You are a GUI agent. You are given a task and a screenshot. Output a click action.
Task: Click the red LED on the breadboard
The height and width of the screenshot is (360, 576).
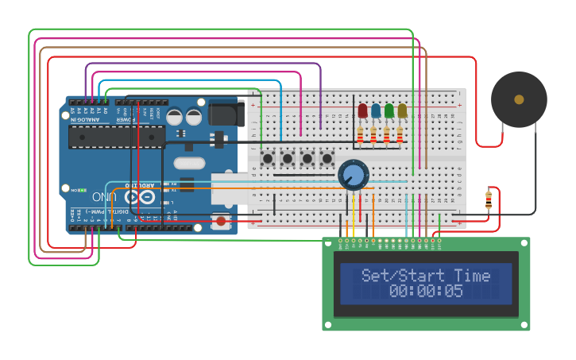pos(362,111)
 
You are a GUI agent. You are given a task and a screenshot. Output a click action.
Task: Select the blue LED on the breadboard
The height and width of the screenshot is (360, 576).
pos(376,111)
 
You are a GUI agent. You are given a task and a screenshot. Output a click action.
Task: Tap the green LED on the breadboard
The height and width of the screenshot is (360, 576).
pos(389,111)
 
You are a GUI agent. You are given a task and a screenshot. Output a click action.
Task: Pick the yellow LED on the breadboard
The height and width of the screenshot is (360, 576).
pos(402,111)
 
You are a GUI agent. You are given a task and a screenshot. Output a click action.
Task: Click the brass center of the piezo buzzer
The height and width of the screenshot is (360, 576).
pos(519,99)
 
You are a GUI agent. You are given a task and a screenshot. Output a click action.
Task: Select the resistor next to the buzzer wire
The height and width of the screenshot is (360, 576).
pos(489,199)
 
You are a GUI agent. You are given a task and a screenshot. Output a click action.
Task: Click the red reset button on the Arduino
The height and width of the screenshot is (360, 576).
pos(220,221)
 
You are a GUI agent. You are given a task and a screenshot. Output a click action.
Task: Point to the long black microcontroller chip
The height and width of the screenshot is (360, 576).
pos(116,137)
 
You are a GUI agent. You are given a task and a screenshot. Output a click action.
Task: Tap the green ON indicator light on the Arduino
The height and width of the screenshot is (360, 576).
pos(64,190)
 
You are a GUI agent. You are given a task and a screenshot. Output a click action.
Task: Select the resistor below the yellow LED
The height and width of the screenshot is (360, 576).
pos(400,137)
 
